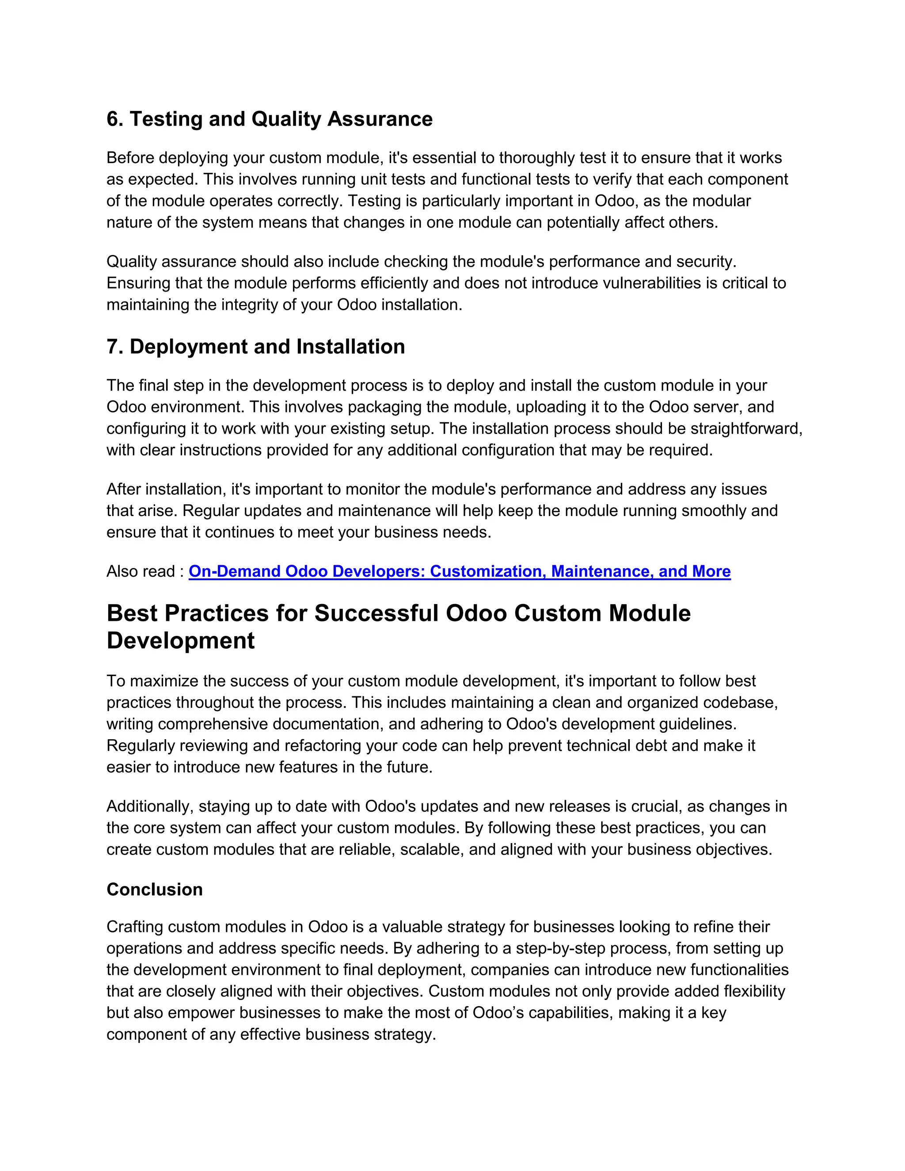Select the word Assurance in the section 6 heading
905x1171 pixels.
pyautogui.click(x=380, y=119)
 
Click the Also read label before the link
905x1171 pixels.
pyautogui.click(x=141, y=571)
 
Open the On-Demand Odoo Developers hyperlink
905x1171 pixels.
pyautogui.click(x=459, y=571)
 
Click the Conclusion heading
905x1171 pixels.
pyautogui.click(x=154, y=890)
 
